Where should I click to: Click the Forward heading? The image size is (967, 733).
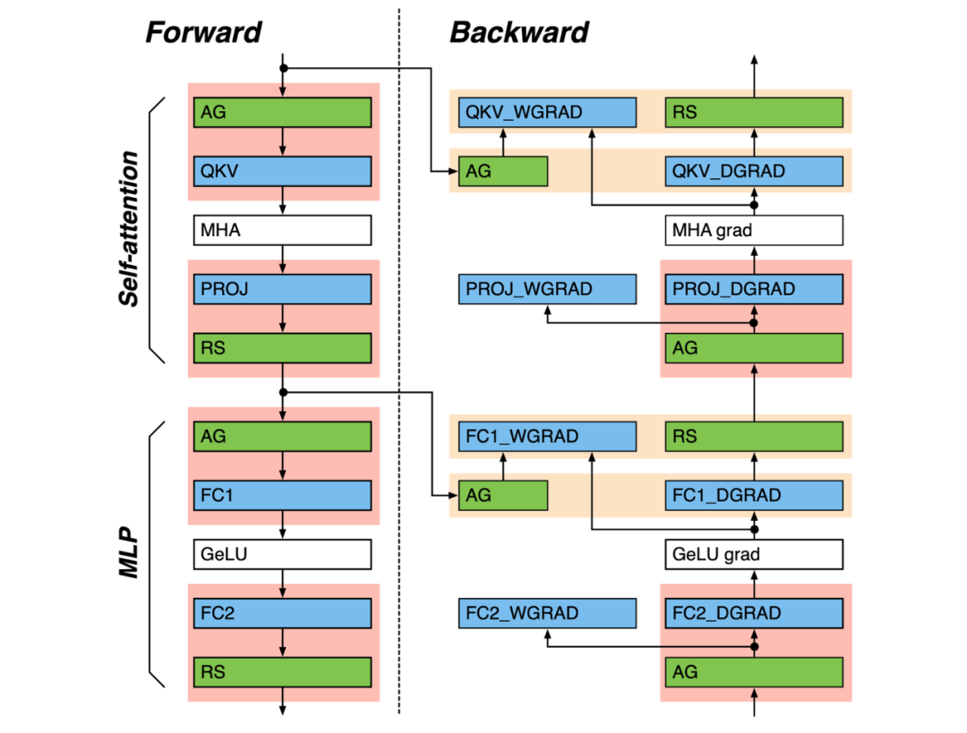203,32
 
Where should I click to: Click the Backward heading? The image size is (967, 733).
518,32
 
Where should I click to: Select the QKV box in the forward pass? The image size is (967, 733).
282,170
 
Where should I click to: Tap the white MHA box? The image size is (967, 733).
282,230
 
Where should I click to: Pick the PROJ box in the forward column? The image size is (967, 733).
282,289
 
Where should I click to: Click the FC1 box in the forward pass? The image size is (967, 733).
282,494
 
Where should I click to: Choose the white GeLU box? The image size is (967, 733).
282,554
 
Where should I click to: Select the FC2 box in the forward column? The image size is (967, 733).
282,613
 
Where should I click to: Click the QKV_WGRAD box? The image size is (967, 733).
547,113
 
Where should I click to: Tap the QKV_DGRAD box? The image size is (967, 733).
754,170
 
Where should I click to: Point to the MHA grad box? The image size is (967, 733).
754,230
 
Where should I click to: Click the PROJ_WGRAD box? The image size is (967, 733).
547,289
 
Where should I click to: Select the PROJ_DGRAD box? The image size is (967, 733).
754,289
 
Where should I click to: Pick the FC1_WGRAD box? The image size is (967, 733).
547,437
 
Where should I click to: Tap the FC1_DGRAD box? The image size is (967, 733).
754,494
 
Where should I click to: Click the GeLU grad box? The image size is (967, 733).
754,554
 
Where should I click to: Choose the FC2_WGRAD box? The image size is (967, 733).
547,613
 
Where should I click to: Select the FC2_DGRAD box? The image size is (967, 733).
754,613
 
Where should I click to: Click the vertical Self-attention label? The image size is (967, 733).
130,229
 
